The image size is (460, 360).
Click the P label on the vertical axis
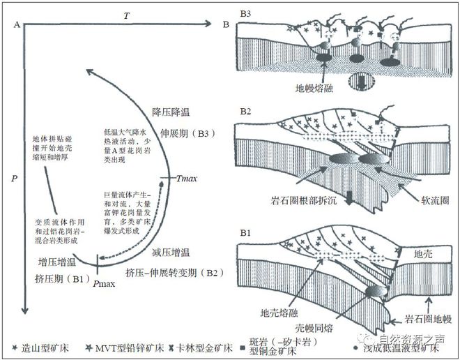[15, 179]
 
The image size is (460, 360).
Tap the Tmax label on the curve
[187, 179]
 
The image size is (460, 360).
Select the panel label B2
[245, 111]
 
